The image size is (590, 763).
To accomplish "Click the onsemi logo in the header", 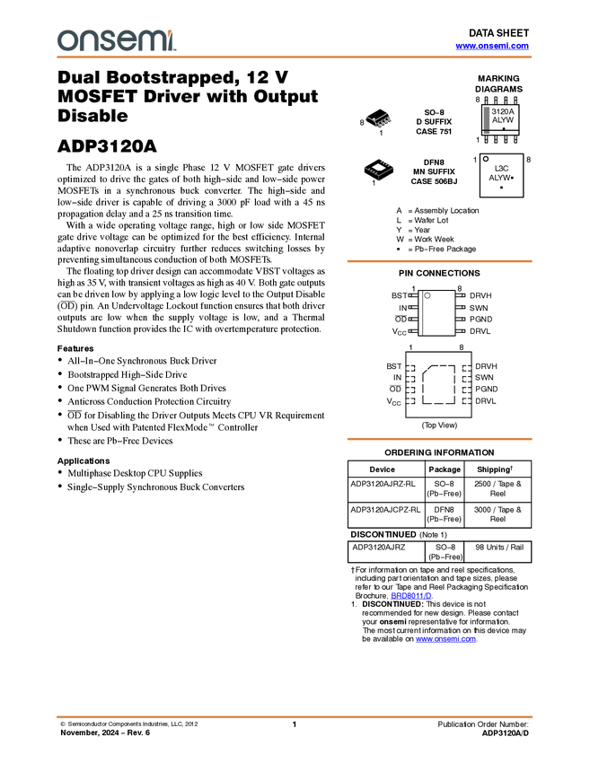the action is pos(116,40).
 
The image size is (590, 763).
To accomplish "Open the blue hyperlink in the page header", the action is pos(492,46).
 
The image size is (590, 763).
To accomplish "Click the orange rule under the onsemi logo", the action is pos(295,57).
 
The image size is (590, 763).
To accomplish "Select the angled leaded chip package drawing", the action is pos(379,120).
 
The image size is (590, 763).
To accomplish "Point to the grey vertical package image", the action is pos(487,119).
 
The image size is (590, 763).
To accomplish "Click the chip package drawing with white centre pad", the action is pos(380,168).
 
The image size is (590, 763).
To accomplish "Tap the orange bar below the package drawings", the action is pos(439,261).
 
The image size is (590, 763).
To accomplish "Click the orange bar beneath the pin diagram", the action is pos(439,439).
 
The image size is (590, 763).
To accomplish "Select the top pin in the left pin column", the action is pos(411,368).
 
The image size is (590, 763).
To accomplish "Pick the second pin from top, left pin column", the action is pos(411,379).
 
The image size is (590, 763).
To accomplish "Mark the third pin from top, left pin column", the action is pos(411,390).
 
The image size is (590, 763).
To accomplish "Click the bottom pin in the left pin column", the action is pos(411,400).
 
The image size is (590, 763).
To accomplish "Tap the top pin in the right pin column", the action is pos(466,368).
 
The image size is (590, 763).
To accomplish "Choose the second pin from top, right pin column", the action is pos(466,379).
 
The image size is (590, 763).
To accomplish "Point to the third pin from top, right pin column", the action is pos(466,390).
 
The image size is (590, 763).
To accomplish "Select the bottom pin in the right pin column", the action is pos(466,400).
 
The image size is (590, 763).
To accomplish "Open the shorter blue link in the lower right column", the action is pos(411,595).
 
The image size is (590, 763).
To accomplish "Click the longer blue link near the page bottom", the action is pos(446,641).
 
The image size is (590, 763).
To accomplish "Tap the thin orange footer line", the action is pos(295,716).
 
